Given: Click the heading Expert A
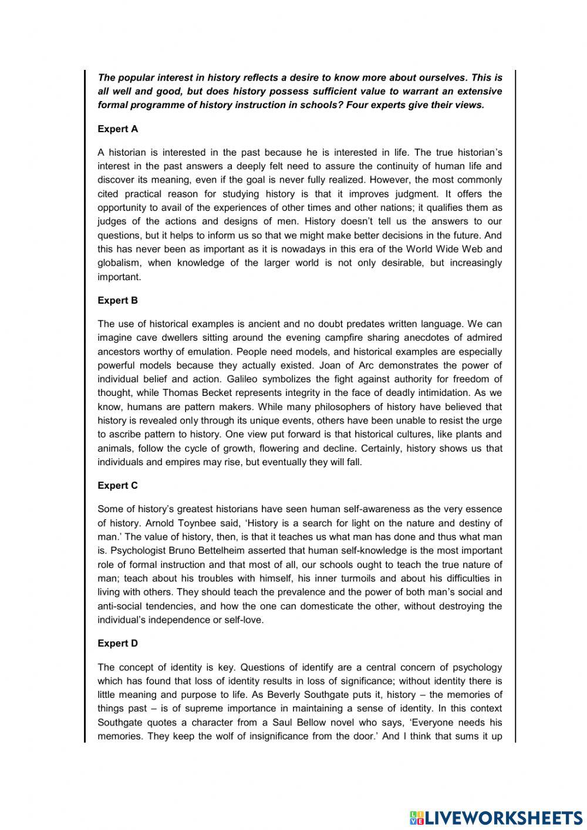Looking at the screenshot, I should coord(117,129).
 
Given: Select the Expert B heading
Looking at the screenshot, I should coord(117,301).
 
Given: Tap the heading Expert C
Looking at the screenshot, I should coord(117,486).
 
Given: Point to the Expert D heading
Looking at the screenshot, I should coord(117,644).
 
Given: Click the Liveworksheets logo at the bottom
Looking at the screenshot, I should coord(495,818).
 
